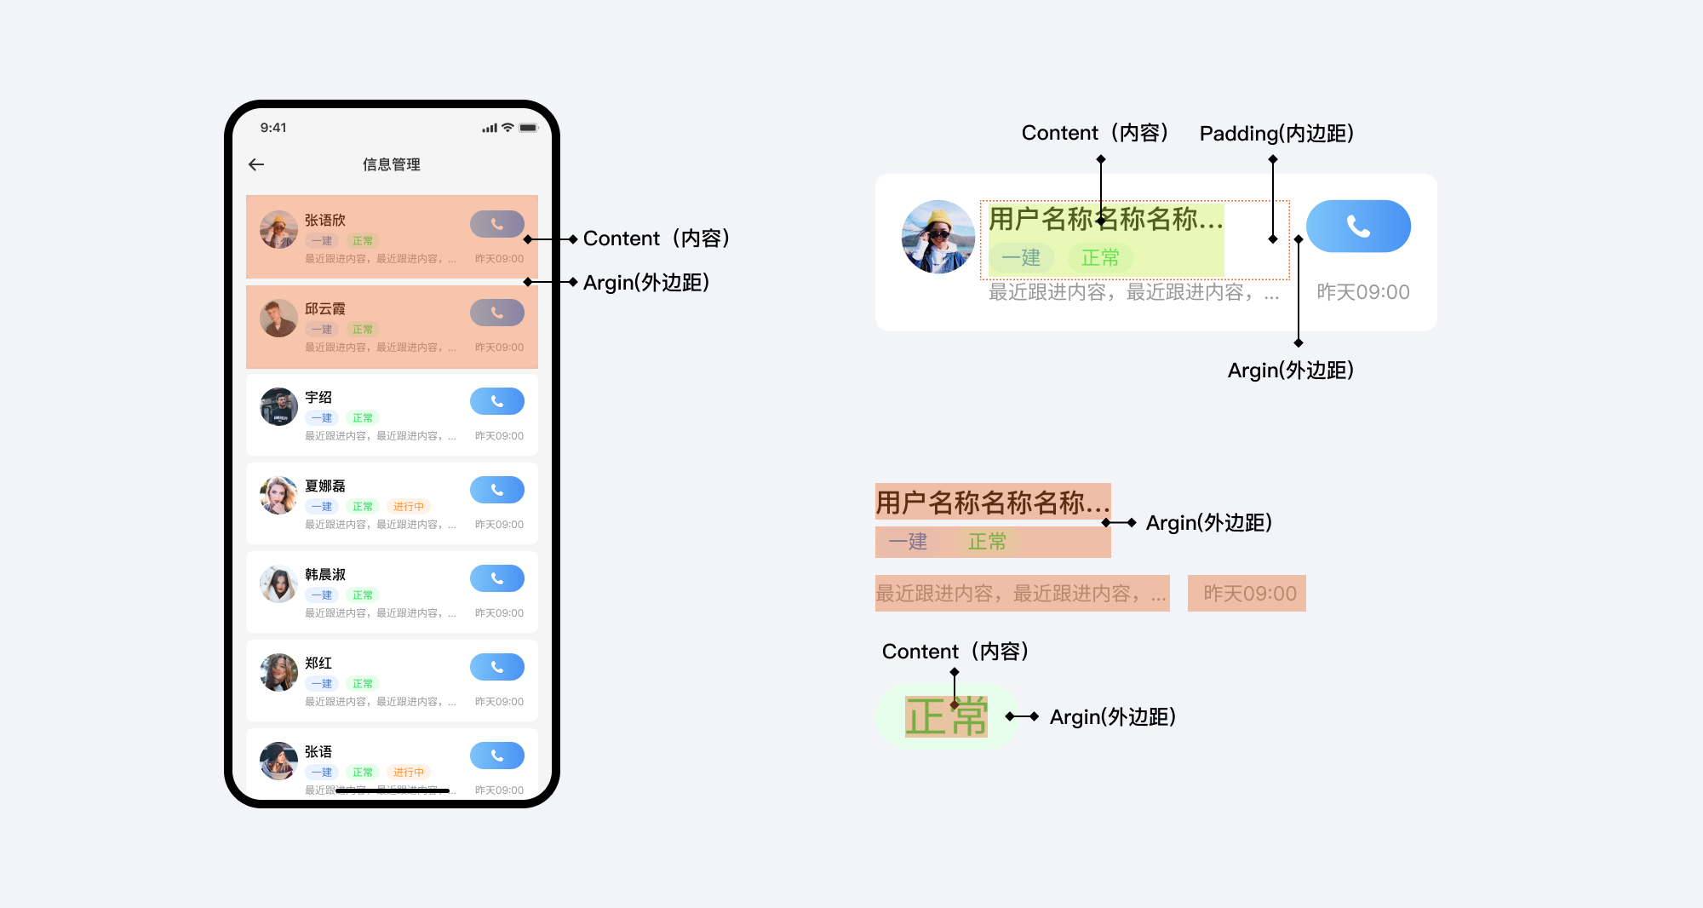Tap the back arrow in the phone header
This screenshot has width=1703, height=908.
(x=256, y=164)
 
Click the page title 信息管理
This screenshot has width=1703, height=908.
(x=392, y=164)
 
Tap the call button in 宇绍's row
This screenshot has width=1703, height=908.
(x=496, y=401)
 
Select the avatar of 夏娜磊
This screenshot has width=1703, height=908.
(x=278, y=496)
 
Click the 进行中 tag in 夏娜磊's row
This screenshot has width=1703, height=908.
(x=409, y=507)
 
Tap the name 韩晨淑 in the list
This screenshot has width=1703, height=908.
(x=325, y=575)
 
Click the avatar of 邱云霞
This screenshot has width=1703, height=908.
(x=278, y=319)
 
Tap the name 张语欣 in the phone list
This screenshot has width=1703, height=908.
(x=325, y=221)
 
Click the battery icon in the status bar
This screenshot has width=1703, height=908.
(x=529, y=128)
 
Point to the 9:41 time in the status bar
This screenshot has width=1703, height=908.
(x=273, y=128)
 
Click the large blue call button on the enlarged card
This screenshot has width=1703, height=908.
(x=1358, y=226)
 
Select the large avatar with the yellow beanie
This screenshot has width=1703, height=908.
(x=938, y=237)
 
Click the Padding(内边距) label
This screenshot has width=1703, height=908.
(x=1276, y=134)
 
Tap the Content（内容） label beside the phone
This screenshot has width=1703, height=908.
(x=656, y=238)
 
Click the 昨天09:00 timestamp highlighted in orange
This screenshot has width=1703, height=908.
(x=1249, y=594)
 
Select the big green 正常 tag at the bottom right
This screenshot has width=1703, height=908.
(x=946, y=716)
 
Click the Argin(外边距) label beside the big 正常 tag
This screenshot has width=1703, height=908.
(x=1112, y=717)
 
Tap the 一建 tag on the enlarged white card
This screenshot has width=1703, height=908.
(x=1021, y=258)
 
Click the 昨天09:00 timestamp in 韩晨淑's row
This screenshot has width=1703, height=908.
(x=499, y=613)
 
